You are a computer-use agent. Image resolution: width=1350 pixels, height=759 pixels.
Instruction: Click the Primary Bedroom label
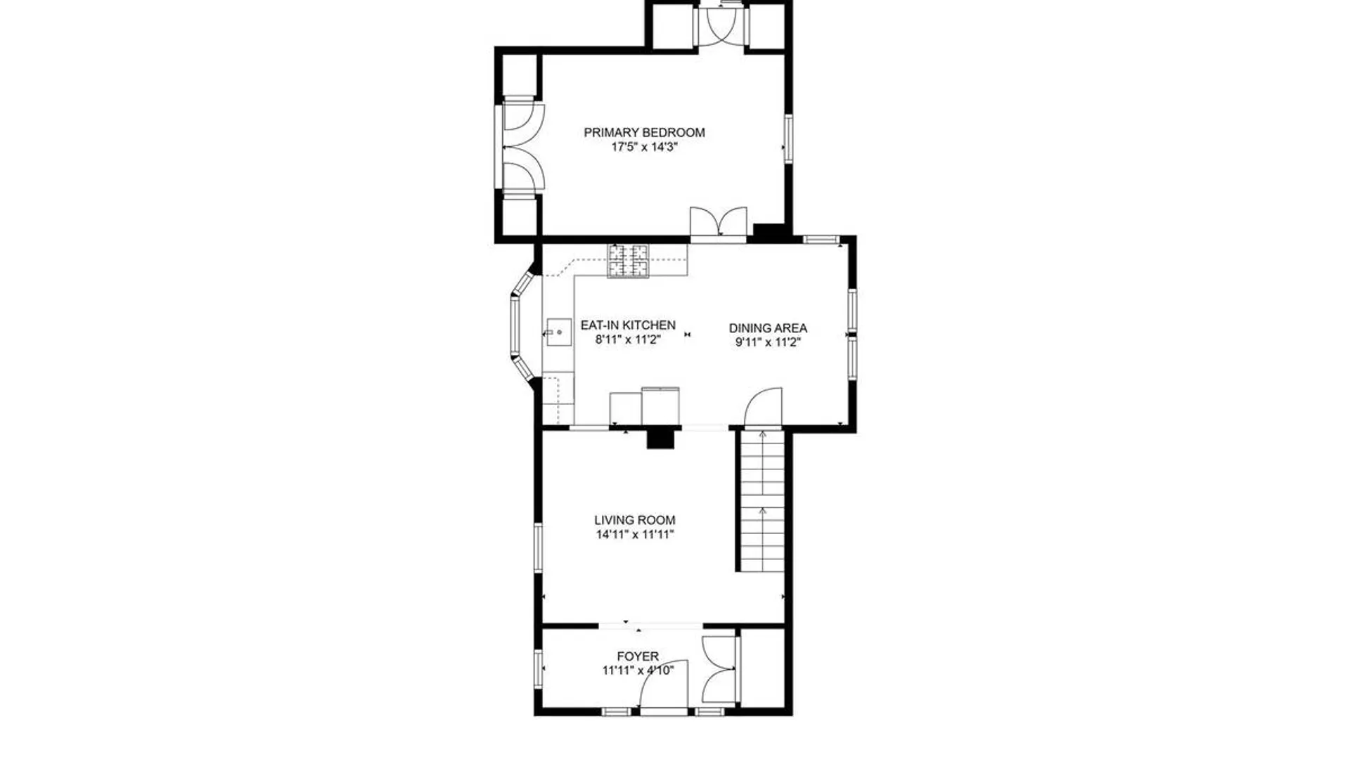[x=644, y=132]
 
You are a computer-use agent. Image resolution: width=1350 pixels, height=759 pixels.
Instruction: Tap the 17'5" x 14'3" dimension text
[x=644, y=148]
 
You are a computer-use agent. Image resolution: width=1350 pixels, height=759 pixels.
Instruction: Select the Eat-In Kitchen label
[x=628, y=325]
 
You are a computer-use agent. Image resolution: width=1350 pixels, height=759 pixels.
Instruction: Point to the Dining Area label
[x=768, y=328]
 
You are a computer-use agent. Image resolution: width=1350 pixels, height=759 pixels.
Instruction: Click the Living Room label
[x=635, y=520]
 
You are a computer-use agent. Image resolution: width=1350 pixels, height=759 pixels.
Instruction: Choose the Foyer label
[x=638, y=656]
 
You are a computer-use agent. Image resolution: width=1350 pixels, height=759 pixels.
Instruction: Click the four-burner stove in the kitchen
[x=629, y=261]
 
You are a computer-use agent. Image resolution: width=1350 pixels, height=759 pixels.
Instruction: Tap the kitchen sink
[x=559, y=332]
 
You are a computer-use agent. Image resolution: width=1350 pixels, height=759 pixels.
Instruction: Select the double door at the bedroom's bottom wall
[x=718, y=223]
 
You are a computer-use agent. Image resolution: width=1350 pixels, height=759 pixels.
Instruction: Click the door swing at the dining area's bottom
[x=763, y=407]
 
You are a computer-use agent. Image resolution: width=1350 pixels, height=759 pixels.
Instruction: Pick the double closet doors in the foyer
[x=719, y=669]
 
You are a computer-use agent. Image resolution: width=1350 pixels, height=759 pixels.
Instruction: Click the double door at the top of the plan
[x=720, y=27]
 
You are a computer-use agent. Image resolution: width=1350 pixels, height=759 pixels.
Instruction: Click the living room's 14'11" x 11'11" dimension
[x=635, y=535]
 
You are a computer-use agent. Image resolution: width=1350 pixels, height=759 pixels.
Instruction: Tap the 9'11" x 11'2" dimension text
[x=768, y=343]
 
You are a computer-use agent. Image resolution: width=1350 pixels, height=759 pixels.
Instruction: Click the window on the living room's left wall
[x=538, y=547]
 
